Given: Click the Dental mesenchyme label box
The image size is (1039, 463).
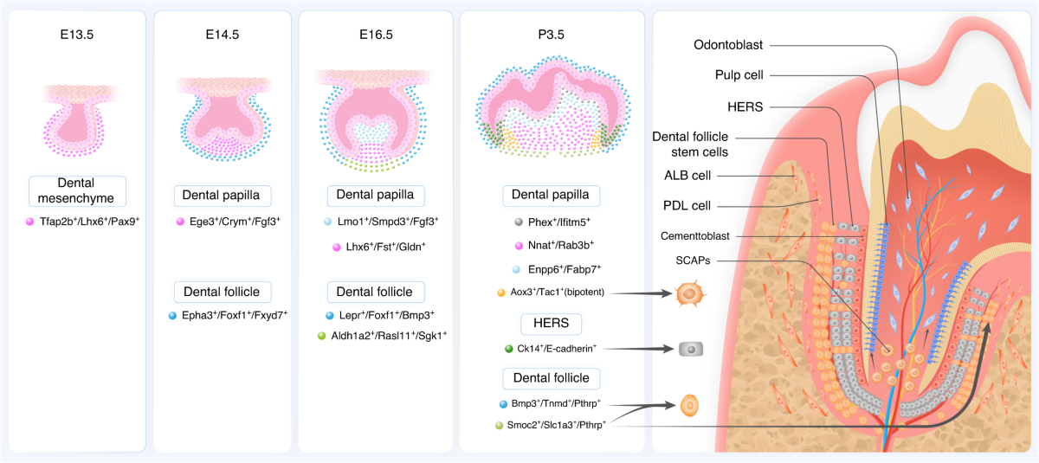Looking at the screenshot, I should coord(77,191).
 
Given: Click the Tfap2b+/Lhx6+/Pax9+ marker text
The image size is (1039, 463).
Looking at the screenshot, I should coord(83,222).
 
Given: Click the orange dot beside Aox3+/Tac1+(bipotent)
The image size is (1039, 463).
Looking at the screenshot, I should coord(500,293).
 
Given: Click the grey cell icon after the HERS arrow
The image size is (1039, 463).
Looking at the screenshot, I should coord(690,349).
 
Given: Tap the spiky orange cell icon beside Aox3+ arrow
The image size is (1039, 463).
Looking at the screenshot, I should coord(688,293).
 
